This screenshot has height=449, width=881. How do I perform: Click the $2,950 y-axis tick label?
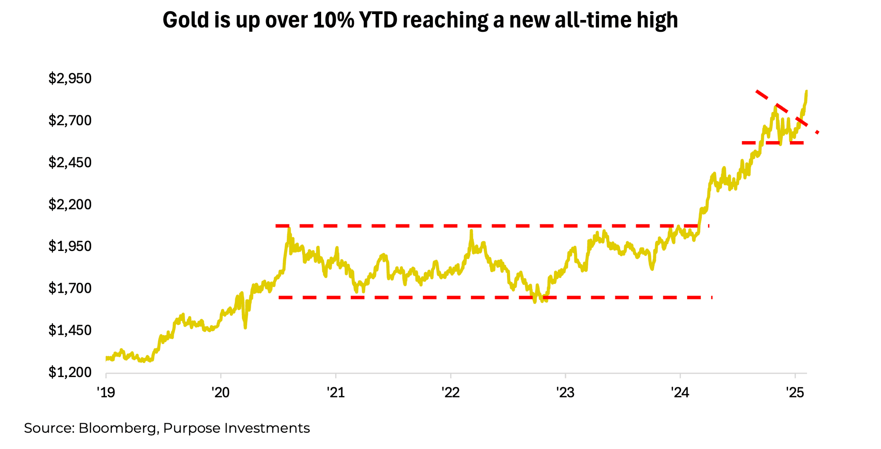point(70,79)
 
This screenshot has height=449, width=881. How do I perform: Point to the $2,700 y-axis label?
point(70,120)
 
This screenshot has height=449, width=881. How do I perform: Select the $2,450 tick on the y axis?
point(70,163)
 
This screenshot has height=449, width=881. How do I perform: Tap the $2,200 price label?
point(70,205)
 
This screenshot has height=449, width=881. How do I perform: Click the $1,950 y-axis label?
point(70,247)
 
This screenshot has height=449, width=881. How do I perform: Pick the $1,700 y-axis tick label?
point(70,289)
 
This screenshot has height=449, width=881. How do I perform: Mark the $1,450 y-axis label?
point(70,330)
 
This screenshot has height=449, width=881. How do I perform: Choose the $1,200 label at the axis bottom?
point(70,373)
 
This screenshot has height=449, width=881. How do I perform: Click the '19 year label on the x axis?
point(106,392)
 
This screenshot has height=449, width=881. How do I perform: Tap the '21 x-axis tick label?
point(336,392)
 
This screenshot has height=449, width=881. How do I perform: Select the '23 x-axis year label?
point(565,392)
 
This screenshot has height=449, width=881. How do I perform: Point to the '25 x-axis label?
point(795,392)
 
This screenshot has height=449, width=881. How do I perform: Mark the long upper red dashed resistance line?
point(485,226)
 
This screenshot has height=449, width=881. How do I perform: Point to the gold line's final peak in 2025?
point(806,91)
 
